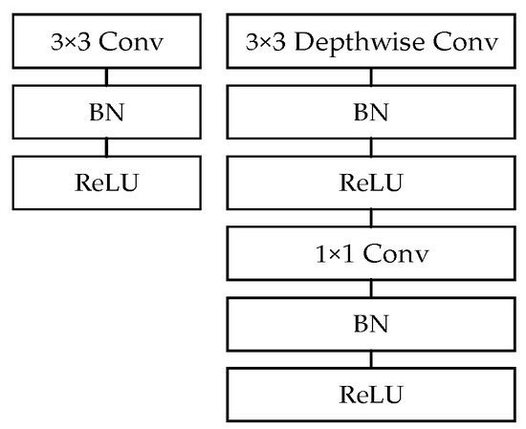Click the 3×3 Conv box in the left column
point(106,42)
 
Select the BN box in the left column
point(106,113)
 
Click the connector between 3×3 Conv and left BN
point(106,77)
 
